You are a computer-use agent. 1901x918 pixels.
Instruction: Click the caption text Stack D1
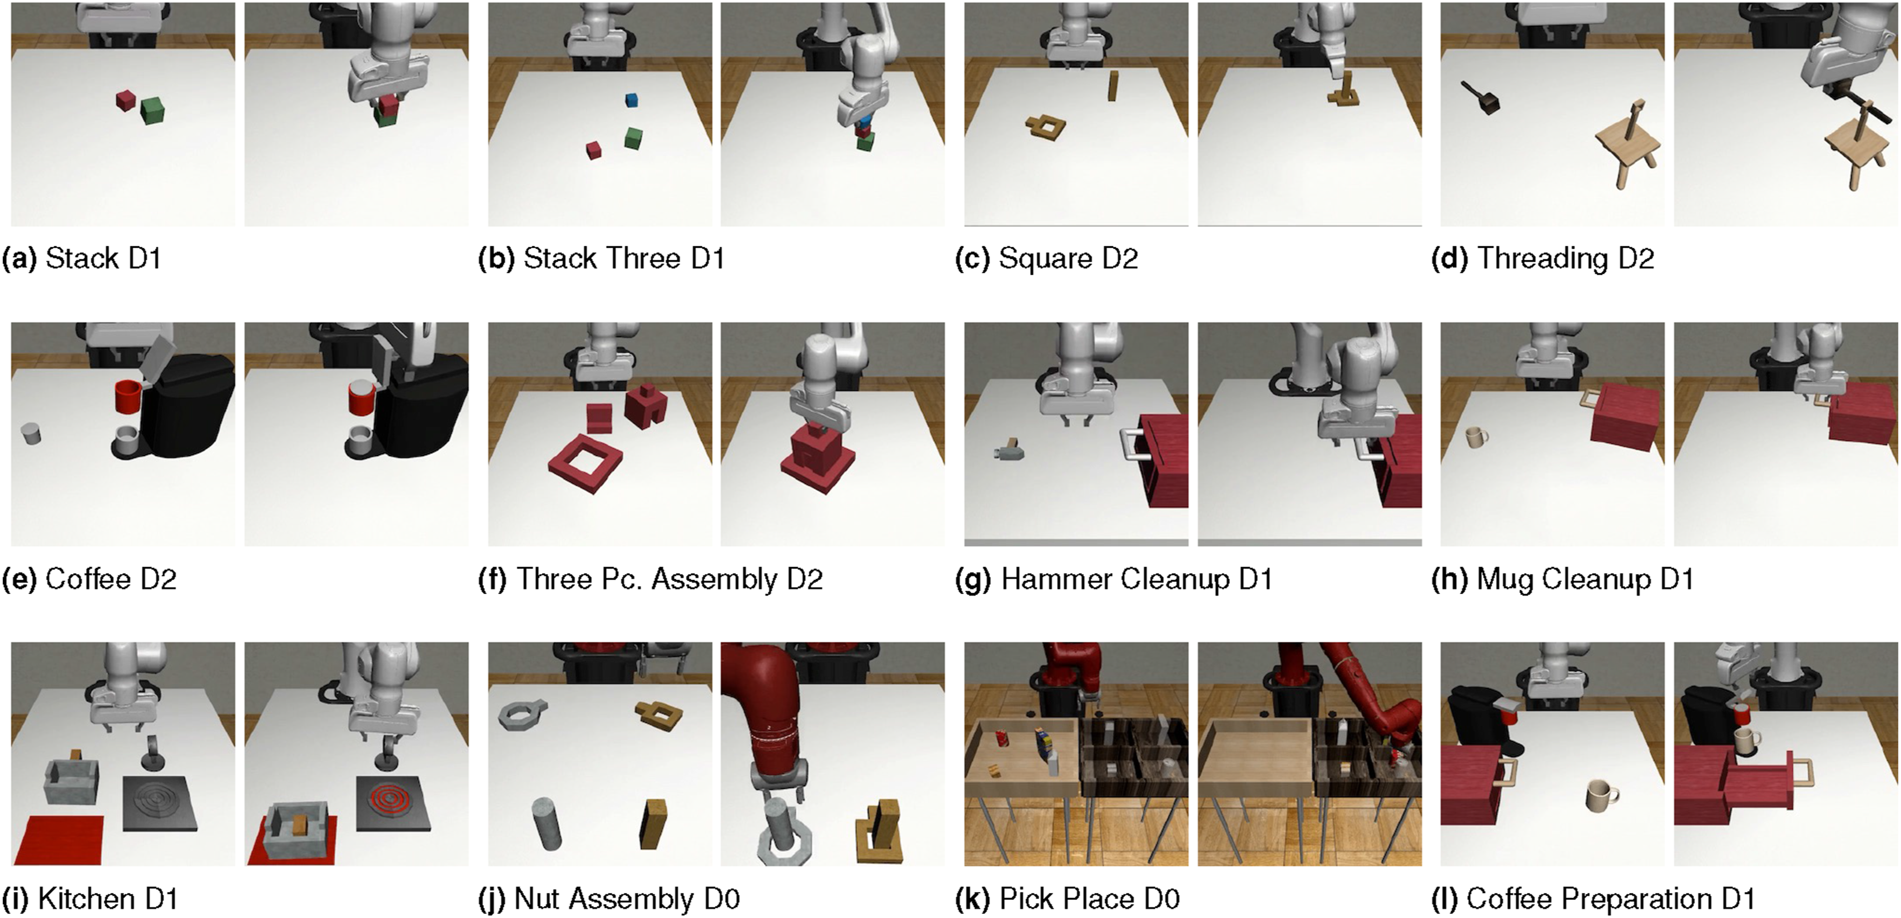(x=103, y=258)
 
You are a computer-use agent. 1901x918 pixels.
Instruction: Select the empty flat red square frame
(x=586, y=463)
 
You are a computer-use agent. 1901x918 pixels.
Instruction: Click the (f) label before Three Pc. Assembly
(x=492, y=579)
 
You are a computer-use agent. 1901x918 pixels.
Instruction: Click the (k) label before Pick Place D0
(x=970, y=899)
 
